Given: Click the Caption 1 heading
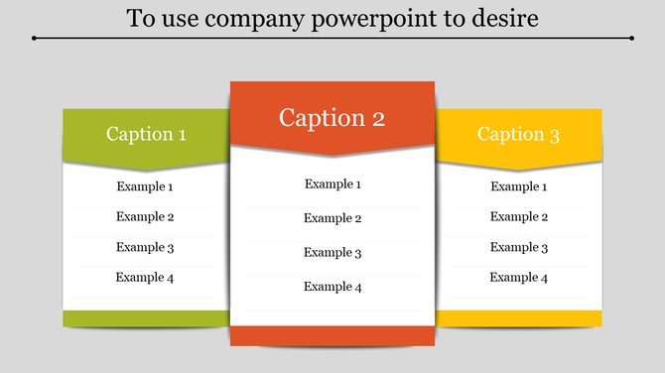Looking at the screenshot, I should (146, 134).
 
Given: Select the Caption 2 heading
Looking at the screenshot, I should (332, 118).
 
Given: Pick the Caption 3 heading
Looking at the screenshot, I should (518, 134).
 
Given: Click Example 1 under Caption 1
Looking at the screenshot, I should (145, 186).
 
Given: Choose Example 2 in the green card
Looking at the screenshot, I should (145, 216).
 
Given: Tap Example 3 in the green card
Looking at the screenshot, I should (145, 247).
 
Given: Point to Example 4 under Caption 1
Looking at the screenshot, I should (145, 278).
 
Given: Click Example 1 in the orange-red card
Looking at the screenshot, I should (332, 184).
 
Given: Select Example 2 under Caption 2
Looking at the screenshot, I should (332, 218).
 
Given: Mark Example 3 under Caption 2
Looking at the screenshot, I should (332, 253).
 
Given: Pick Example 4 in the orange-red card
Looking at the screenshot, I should (332, 287).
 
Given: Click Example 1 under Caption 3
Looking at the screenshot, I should (519, 186).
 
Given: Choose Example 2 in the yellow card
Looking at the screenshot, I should (519, 216).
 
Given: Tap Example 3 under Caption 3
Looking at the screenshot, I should (519, 247).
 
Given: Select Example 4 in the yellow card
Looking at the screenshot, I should (519, 278).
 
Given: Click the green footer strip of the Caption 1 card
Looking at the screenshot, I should (145, 317).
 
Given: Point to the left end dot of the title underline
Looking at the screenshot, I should (35, 39).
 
